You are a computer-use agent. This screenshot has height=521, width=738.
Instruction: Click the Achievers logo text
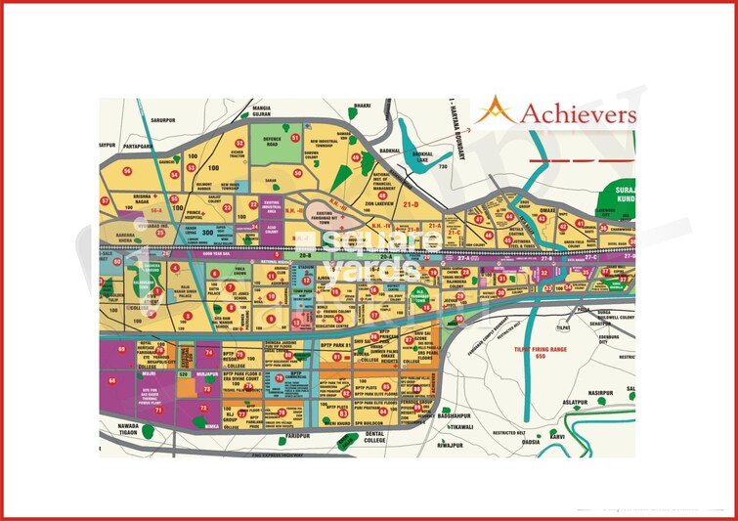tap(577, 113)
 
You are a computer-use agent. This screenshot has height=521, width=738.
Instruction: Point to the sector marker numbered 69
tap(122, 348)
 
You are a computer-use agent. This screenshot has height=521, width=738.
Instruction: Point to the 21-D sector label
tap(409, 204)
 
